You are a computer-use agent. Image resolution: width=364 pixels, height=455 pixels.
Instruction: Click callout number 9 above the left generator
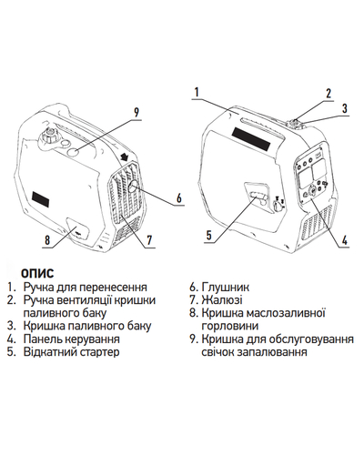click(136, 113)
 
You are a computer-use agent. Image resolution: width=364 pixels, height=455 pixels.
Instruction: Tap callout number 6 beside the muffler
click(179, 198)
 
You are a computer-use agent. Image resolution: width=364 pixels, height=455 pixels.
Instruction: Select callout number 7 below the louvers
click(149, 240)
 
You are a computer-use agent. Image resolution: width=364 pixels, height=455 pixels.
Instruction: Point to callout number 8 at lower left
click(47, 240)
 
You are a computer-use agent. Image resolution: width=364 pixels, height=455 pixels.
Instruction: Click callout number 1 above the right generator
click(197, 92)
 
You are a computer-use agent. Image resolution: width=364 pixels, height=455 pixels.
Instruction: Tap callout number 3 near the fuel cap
click(344, 108)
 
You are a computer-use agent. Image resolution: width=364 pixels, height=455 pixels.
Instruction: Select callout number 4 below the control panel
click(344, 240)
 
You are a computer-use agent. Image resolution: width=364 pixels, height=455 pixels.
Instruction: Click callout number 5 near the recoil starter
click(209, 236)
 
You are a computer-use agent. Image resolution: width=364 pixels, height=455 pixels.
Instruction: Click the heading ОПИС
click(37, 273)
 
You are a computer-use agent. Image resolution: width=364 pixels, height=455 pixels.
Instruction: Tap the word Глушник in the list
click(225, 288)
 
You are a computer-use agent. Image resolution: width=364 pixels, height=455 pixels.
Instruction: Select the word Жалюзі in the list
click(222, 300)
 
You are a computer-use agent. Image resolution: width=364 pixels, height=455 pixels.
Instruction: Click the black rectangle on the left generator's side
click(41, 198)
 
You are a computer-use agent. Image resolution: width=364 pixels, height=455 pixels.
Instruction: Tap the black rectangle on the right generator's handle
click(251, 140)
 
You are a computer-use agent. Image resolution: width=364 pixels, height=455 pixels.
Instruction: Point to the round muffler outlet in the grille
click(133, 187)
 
